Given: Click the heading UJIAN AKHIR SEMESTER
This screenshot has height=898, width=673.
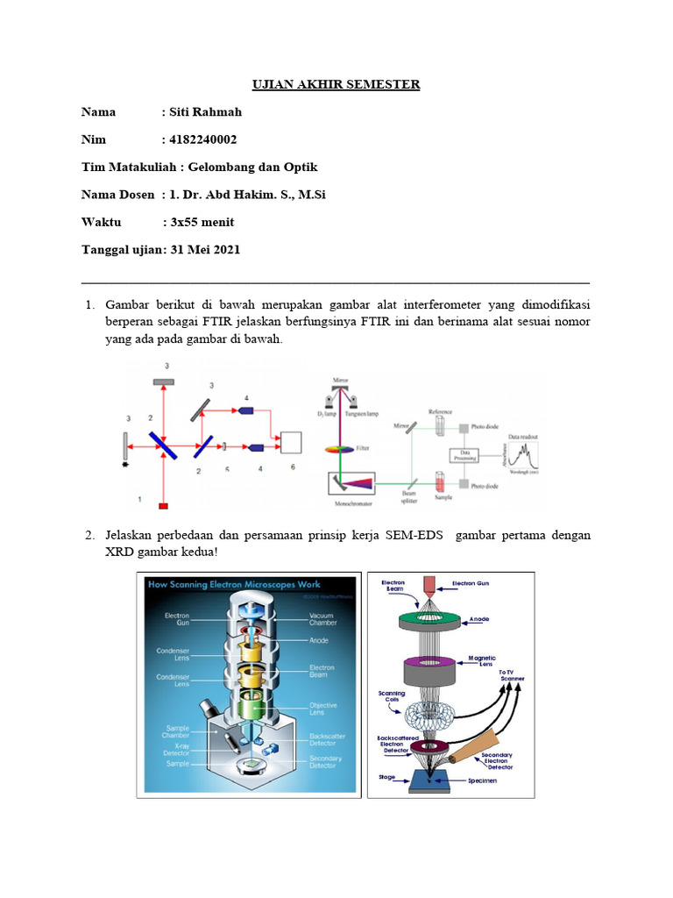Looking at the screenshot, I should pos(336,84).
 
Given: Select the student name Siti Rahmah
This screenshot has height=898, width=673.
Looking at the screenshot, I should pos(204,111).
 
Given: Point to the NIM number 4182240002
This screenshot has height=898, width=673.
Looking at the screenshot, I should pos(202,139).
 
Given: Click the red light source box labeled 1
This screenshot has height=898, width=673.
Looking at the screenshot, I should pos(164,506).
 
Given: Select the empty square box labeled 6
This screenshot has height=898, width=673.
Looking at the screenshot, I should pos(292,443).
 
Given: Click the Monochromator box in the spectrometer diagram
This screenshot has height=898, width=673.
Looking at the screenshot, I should pos(351,483).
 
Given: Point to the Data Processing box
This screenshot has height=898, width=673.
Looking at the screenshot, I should pos(465,455).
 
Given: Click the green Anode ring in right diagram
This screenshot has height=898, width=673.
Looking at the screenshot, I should pos(429,621).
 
